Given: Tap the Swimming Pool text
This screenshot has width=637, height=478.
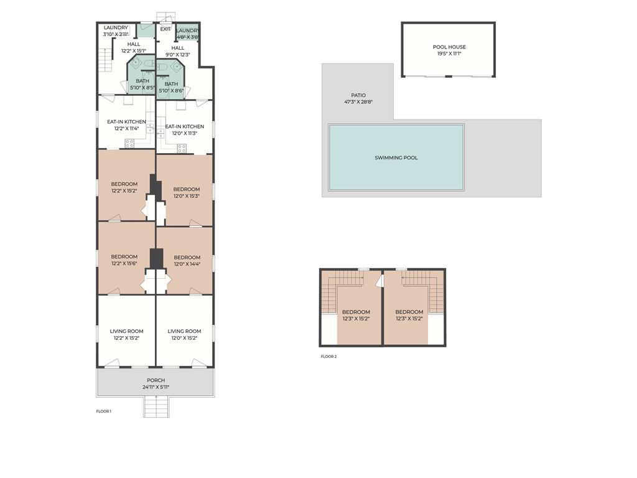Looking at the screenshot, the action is (x=396, y=157).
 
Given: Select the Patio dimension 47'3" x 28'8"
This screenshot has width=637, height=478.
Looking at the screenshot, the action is (x=358, y=102).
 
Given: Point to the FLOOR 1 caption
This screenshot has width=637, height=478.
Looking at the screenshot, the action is (x=104, y=411).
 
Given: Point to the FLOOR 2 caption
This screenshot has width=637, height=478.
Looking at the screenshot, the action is (x=328, y=357).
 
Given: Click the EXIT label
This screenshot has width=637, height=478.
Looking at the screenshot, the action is (x=165, y=29).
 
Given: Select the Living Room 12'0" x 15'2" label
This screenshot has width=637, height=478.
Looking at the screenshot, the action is (x=184, y=334).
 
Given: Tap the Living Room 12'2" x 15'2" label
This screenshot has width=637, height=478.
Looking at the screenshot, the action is (x=126, y=334).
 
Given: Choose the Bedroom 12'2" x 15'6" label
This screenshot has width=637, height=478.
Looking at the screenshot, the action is (x=124, y=260).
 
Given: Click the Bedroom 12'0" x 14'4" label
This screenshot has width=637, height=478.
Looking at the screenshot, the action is (x=187, y=261).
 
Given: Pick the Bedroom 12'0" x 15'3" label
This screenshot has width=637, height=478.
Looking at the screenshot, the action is (x=187, y=192).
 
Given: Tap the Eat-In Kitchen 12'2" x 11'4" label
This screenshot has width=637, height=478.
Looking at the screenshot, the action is (x=126, y=124).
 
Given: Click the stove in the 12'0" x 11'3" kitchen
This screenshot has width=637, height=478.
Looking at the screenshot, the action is (x=182, y=148).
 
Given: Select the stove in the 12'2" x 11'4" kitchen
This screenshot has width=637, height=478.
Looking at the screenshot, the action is (x=129, y=143).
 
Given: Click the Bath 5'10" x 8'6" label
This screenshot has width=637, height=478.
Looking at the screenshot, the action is (x=171, y=87).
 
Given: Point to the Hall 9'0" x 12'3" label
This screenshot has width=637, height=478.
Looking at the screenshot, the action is (x=177, y=51).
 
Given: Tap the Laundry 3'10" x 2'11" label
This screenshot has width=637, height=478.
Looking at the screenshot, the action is (x=116, y=31).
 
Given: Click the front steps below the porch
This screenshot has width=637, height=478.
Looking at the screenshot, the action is (x=156, y=407).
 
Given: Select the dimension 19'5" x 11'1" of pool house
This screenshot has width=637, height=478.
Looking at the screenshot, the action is (x=449, y=54).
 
